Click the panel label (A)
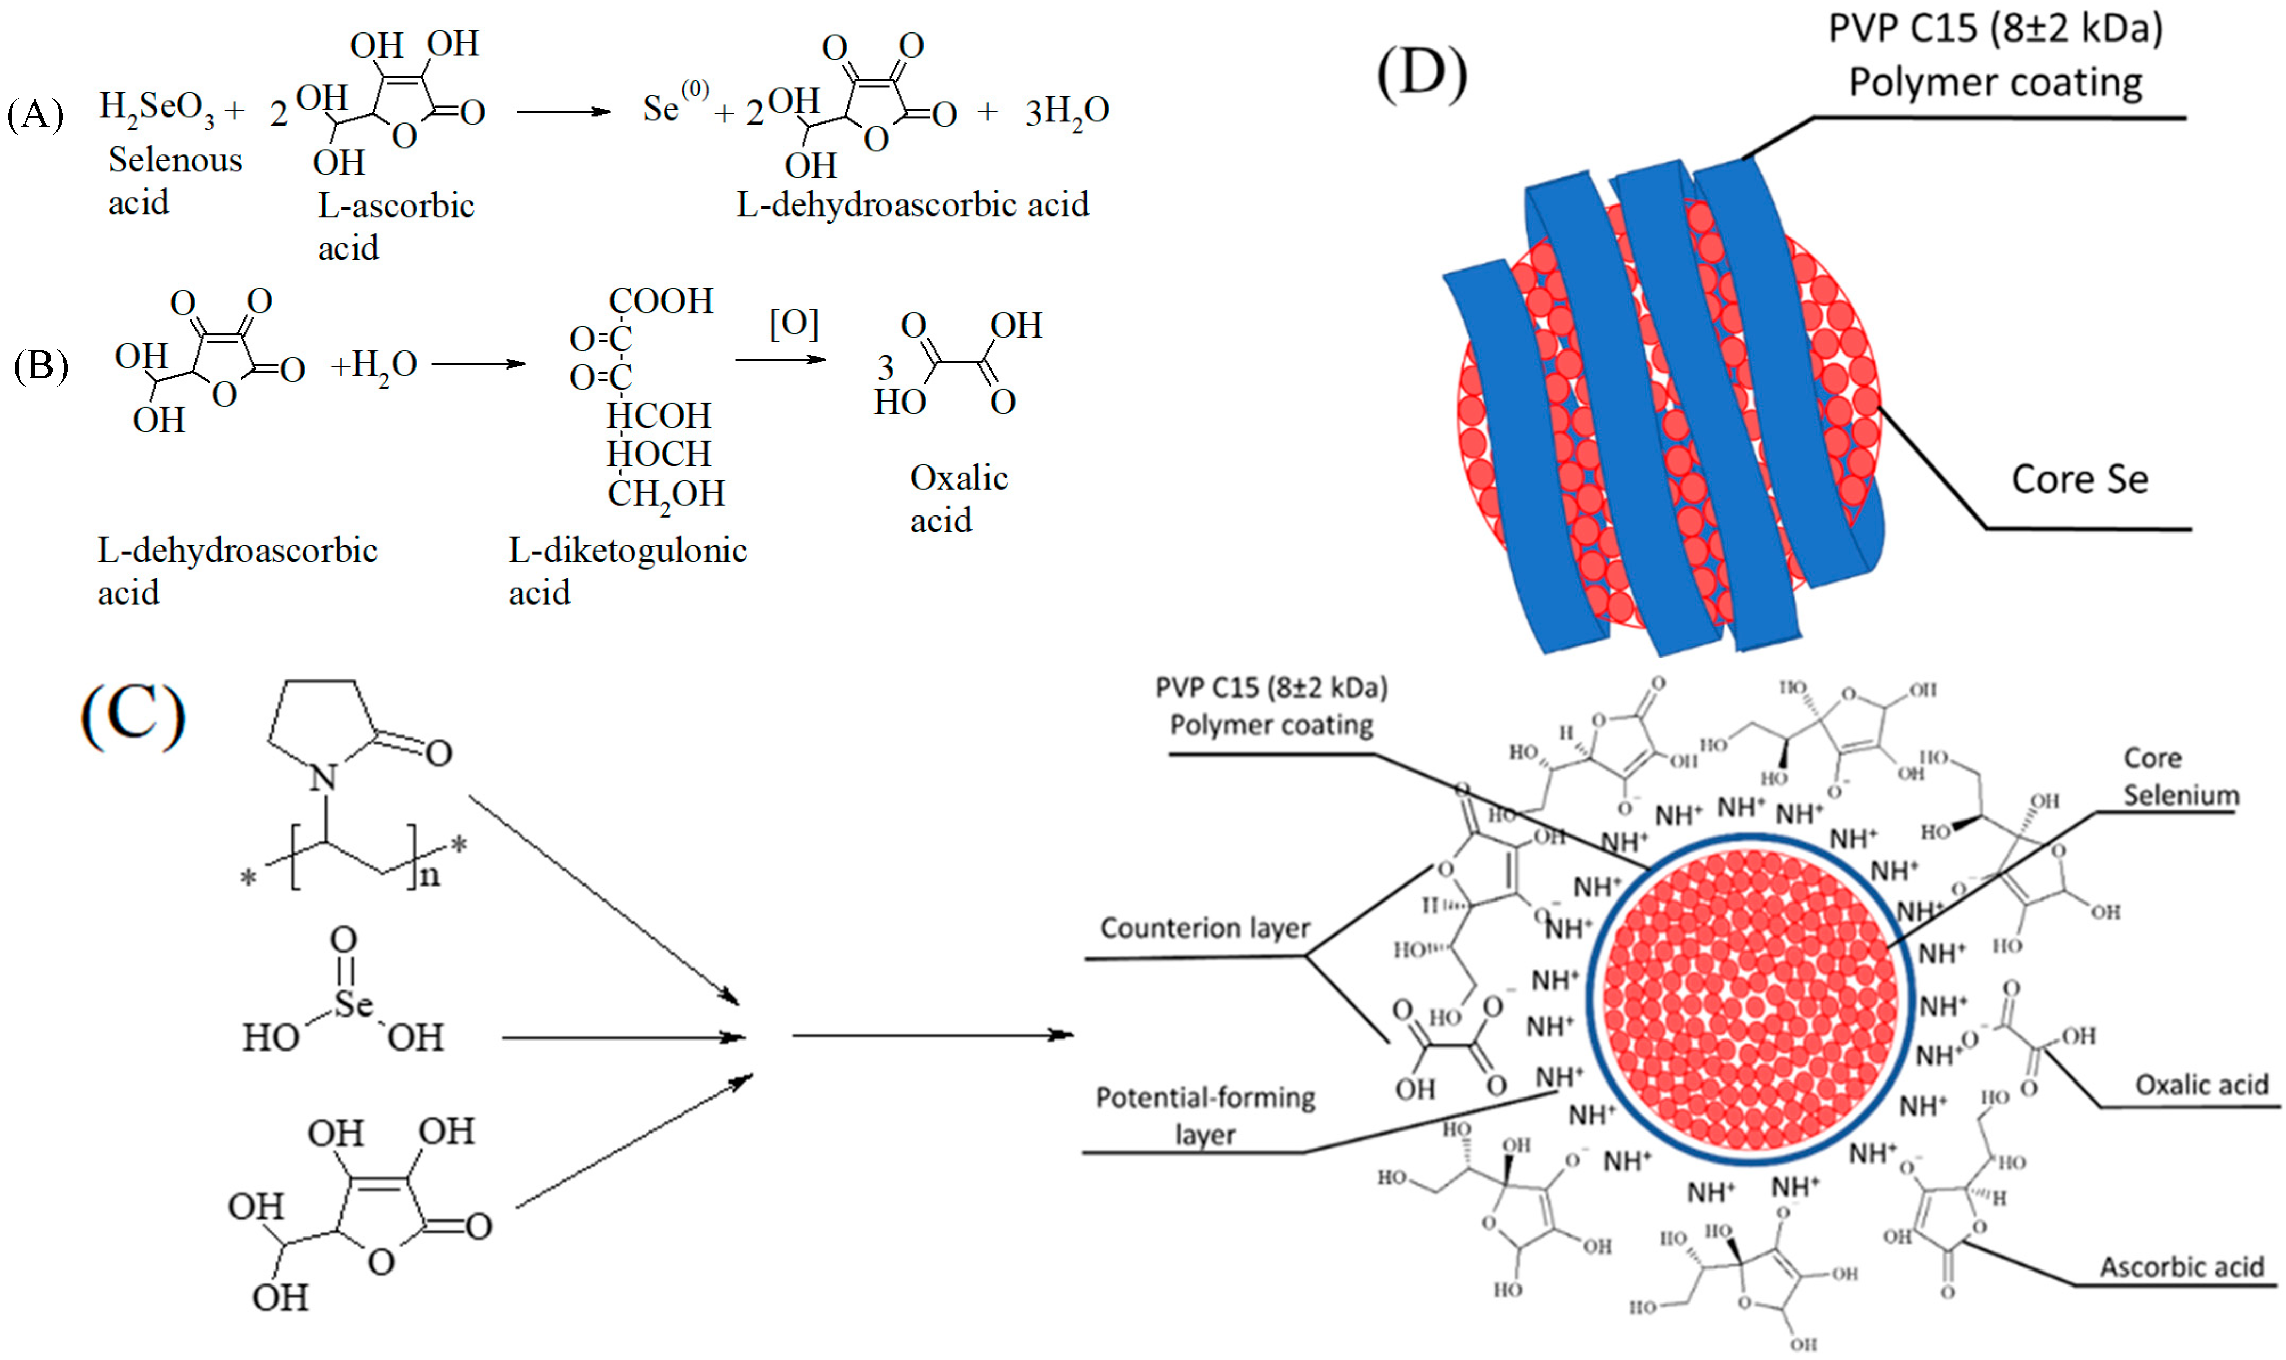[35, 116]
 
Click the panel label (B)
[41, 366]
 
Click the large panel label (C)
[134, 717]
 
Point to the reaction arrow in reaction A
[563, 112]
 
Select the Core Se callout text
[2079, 479]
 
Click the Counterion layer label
[1204, 928]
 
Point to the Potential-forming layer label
[1204, 1115]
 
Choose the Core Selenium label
[2179, 776]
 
